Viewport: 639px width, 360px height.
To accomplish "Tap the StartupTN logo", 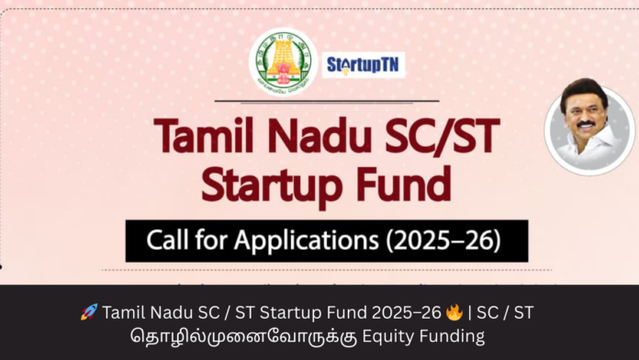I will [x=364, y=65].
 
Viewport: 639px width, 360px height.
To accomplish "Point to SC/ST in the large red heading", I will [x=441, y=138].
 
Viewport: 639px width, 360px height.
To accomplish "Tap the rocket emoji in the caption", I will [x=89, y=312].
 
